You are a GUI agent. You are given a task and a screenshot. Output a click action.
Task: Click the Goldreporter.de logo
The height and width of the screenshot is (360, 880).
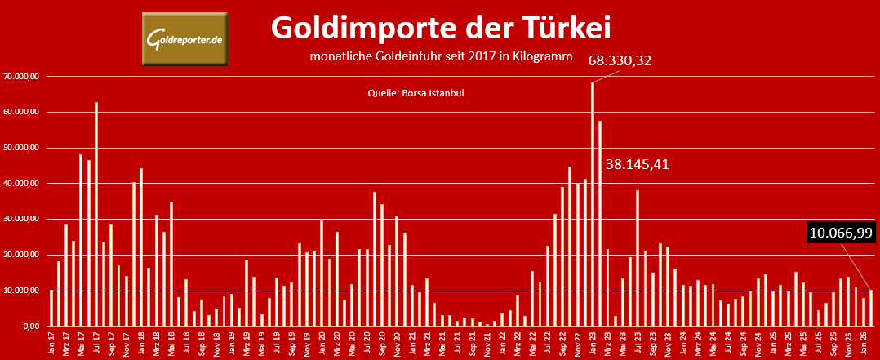click(x=184, y=40)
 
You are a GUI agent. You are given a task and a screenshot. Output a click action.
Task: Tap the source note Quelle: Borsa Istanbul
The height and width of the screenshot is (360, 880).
click(x=416, y=94)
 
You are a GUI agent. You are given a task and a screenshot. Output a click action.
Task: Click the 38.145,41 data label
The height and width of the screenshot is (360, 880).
click(x=638, y=164)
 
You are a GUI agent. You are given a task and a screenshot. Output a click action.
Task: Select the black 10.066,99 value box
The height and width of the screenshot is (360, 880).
click(x=841, y=233)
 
